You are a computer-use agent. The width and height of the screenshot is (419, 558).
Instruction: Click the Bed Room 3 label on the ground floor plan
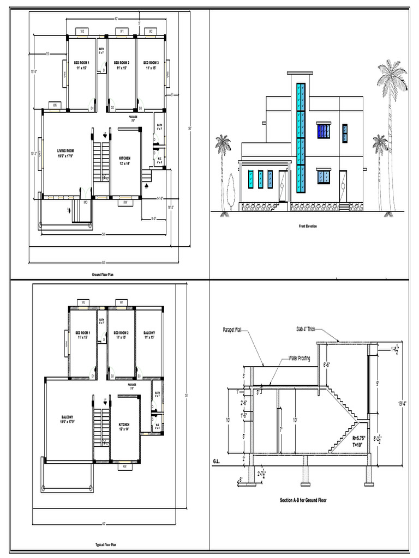coord(150,65)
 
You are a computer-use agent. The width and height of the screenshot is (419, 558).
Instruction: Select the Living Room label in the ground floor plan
coord(65,153)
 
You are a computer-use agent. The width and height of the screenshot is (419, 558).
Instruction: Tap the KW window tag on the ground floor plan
coord(125,203)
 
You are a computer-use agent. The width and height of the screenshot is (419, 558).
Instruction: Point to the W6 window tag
coord(54,105)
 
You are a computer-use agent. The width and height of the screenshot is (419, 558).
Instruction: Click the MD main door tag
coord(86,202)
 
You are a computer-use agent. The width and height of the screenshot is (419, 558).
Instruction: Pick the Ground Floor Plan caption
coord(103,275)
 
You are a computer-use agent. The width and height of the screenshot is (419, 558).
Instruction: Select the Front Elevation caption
coord(308,226)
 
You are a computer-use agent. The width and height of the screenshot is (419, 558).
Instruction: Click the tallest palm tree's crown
coord(392,76)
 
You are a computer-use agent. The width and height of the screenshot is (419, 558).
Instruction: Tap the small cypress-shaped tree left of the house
coord(231,191)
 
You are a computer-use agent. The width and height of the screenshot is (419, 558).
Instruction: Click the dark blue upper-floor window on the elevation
coord(324,131)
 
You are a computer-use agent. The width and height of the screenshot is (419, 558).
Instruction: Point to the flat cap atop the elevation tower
coord(300,73)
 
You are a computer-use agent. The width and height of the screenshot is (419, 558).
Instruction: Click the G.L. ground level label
coord(218,462)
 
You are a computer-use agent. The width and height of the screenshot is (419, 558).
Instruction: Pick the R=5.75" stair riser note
coord(360,438)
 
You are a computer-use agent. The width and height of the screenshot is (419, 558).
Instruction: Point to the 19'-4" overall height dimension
coord(403,403)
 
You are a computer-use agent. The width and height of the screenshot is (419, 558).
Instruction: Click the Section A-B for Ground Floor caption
coord(303,500)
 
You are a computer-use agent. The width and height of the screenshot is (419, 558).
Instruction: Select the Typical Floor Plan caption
coord(106,544)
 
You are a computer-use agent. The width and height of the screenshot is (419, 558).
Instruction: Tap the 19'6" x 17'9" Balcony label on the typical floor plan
coord(68,419)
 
